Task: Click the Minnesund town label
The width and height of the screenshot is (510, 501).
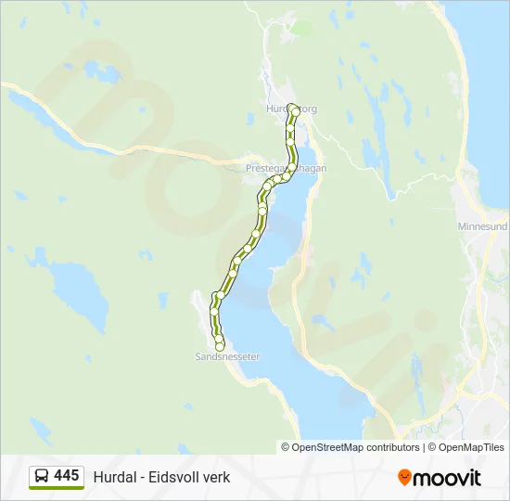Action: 482,225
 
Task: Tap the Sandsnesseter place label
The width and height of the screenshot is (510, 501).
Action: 227,356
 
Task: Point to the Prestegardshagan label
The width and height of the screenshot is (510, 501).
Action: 286,169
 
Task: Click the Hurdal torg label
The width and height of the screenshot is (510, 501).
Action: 291,109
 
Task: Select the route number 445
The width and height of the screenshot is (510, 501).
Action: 66,475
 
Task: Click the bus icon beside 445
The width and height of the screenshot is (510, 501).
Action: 42,476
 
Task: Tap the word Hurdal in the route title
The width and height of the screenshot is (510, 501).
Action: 111,477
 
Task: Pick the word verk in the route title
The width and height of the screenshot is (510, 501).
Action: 216,477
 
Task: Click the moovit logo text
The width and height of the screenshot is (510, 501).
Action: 447,477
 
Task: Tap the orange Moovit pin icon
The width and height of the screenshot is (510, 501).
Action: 404,477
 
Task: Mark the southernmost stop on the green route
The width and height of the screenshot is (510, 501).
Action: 220,346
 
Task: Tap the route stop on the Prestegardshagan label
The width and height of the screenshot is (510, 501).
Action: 289,169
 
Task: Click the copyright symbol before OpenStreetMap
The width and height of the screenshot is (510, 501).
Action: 286,447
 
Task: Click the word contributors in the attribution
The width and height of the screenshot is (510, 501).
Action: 392,447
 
